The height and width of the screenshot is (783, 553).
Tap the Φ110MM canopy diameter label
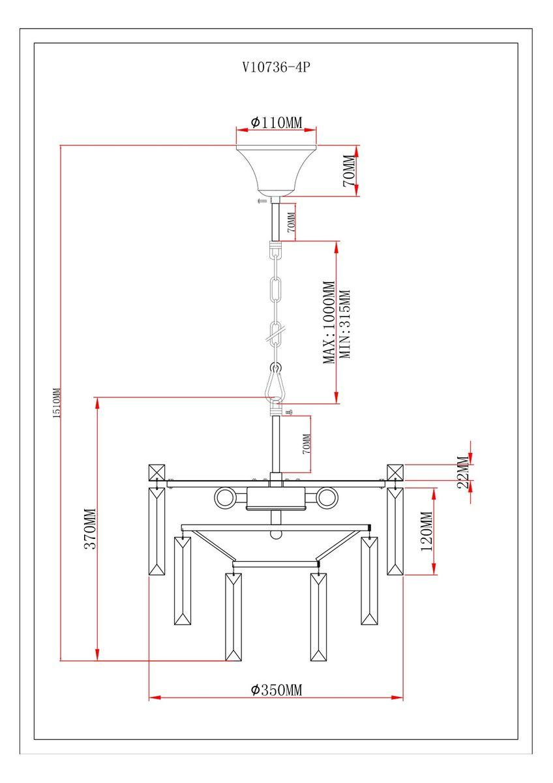click(276, 122)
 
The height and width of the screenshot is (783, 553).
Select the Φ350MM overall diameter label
click(276, 690)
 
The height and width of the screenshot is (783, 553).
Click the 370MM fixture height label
click(90, 529)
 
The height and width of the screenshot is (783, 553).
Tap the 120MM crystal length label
click(426, 531)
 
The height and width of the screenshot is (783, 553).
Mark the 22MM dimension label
click(462, 472)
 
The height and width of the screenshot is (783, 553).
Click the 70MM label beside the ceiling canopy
click(348, 171)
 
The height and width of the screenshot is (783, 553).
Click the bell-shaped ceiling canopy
click(276, 168)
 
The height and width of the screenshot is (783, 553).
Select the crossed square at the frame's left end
click(157, 472)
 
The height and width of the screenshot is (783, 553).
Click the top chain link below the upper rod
click(276, 249)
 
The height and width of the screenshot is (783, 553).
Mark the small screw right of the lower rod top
click(289, 412)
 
